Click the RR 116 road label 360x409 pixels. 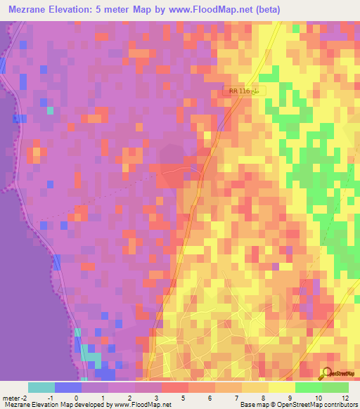[243, 91]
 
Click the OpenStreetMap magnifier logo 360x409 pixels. [326, 374]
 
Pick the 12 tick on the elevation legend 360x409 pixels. [345, 397]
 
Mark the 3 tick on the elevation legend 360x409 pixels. [147, 397]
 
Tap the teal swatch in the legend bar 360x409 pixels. [41, 387]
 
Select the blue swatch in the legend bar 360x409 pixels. [68, 387]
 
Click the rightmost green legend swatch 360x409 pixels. [335, 387]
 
